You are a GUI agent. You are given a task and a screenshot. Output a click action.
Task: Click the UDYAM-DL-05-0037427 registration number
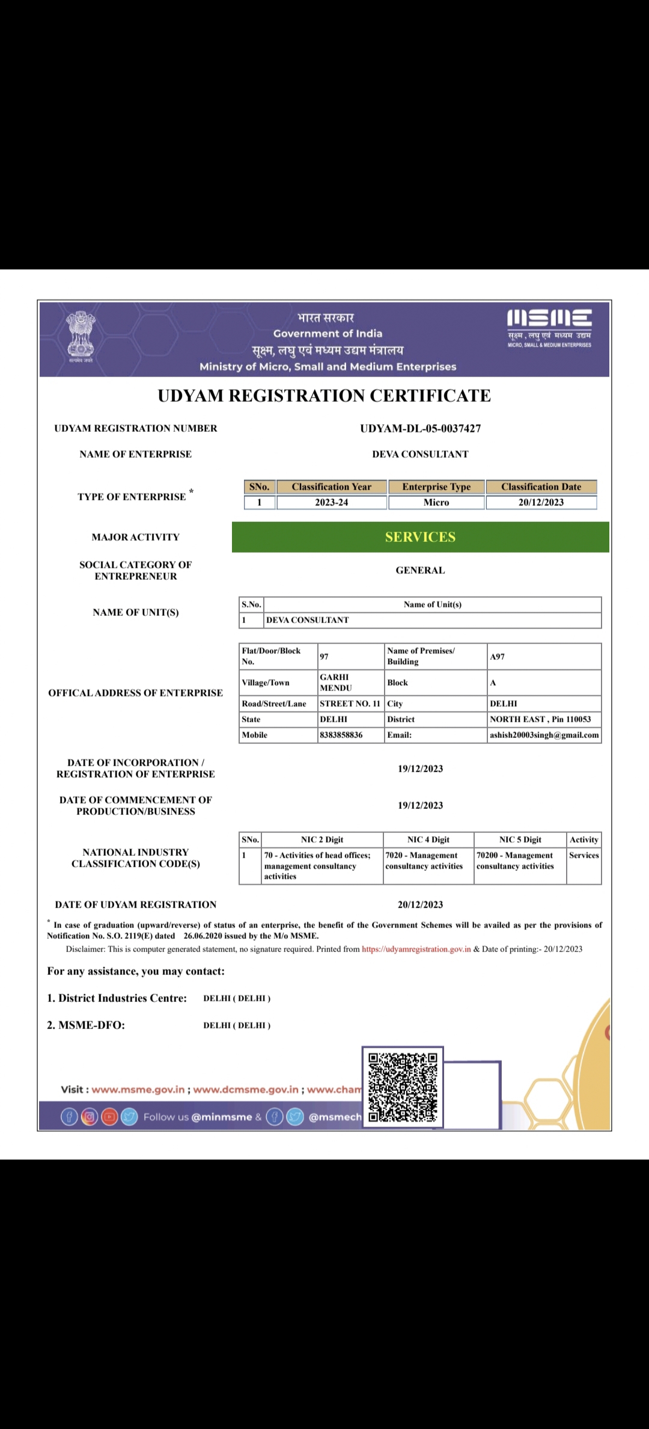pyautogui.click(x=420, y=428)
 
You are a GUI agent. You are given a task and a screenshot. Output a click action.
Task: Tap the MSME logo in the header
pyautogui.click(x=549, y=327)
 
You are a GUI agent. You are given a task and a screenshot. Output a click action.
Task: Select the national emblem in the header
pyautogui.click(x=81, y=336)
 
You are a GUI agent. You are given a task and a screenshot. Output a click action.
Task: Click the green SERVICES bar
pyautogui.click(x=420, y=537)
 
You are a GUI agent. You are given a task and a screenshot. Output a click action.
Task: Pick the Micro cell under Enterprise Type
pyautogui.click(x=436, y=502)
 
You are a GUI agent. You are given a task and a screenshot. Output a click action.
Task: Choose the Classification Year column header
pyautogui.click(x=331, y=487)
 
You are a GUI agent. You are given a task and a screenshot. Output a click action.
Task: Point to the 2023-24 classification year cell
pyautogui.click(x=331, y=502)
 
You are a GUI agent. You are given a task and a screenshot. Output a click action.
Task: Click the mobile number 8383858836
pyautogui.click(x=341, y=735)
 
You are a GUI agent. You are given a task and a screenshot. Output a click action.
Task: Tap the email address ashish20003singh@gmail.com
pyautogui.click(x=544, y=735)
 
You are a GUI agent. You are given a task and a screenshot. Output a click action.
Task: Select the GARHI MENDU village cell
pyautogui.click(x=335, y=683)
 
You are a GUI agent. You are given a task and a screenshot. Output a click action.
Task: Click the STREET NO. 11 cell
pyautogui.click(x=350, y=704)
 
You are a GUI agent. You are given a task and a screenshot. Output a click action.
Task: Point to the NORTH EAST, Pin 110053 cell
pyautogui.click(x=540, y=719)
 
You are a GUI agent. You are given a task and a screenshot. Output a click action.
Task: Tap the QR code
pyautogui.click(x=403, y=1087)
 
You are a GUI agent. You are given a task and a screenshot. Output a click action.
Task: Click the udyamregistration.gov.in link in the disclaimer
pyautogui.click(x=416, y=949)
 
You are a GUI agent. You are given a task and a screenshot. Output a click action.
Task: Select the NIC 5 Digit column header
pyautogui.click(x=520, y=840)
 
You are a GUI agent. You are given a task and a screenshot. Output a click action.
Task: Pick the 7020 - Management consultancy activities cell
pyautogui.click(x=424, y=861)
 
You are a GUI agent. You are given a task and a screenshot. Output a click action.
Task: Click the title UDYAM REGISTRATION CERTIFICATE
pyautogui.click(x=324, y=396)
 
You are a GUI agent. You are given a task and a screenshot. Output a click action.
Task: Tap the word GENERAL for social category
pyautogui.click(x=420, y=570)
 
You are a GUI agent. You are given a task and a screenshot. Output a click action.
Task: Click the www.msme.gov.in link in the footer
pyautogui.click(x=138, y=1089)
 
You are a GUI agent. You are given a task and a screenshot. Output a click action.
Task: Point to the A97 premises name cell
pyautogui.click(x=498, y=657)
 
